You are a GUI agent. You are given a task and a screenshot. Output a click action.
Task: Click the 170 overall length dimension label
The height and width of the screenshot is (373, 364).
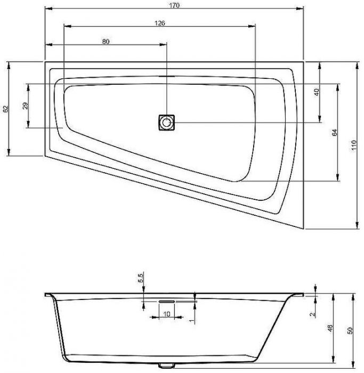pyautogui.click(x=174, y=5)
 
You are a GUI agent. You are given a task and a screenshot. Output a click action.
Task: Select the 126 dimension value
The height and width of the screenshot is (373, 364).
pyautogui.click(x=160, y=23)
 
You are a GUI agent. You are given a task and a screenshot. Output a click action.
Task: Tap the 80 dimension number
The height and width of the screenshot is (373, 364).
pyautogui.click(x=106, y=42)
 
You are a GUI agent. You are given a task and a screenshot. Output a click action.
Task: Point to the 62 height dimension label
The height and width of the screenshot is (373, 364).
pyautogui.click(x=6, y=109)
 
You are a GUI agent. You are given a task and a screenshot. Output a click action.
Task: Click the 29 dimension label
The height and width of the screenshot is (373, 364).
pyautogui.click(x=25, y=106)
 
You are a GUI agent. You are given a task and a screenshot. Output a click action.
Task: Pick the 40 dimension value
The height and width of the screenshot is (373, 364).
pyautogui.click(x=317, y=92)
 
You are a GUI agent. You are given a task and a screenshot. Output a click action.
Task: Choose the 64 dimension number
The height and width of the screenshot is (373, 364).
pyautogui.click(x=335, y=133)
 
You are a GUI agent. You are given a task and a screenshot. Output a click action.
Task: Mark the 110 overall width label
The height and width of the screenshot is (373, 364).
pyautogui.click(x=354, y=145)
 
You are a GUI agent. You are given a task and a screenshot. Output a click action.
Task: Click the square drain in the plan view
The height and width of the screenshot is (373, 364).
pyautogui.click(x=166, y=123)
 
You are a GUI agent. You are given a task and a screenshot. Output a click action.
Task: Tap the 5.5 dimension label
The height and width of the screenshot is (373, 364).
pyautogui.click(x=140, y=278)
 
